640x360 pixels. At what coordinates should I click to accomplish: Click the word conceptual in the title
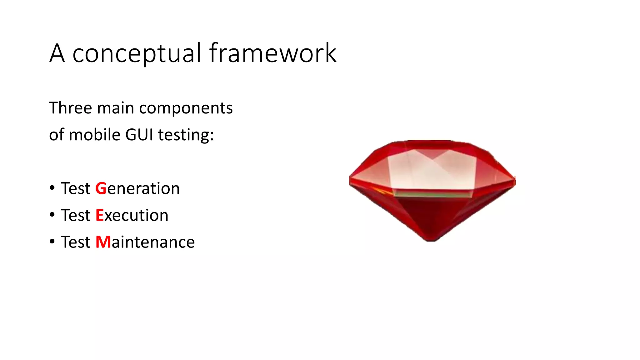[x=137, y=54]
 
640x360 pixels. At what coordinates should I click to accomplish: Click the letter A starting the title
[x=57, y=54]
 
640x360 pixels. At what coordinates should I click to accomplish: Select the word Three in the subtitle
[x=71, y=108]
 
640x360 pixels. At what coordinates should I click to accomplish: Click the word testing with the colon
[x=186, y=136]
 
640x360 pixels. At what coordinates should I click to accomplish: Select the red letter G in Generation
[x=101, y=188]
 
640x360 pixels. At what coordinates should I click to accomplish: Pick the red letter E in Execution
[x=99, y=215]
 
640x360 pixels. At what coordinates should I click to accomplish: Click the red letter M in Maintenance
[x=103, y=242]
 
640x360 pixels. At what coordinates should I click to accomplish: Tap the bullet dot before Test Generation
[x=52, y=188]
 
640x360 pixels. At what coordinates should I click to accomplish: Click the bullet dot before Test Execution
[x=52, y=215]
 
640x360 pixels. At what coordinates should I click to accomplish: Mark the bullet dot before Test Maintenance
[x=52, y=242]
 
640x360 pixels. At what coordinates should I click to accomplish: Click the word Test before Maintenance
[x=76, y=242]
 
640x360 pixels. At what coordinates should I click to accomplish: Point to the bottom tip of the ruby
[x=431, y=240]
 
